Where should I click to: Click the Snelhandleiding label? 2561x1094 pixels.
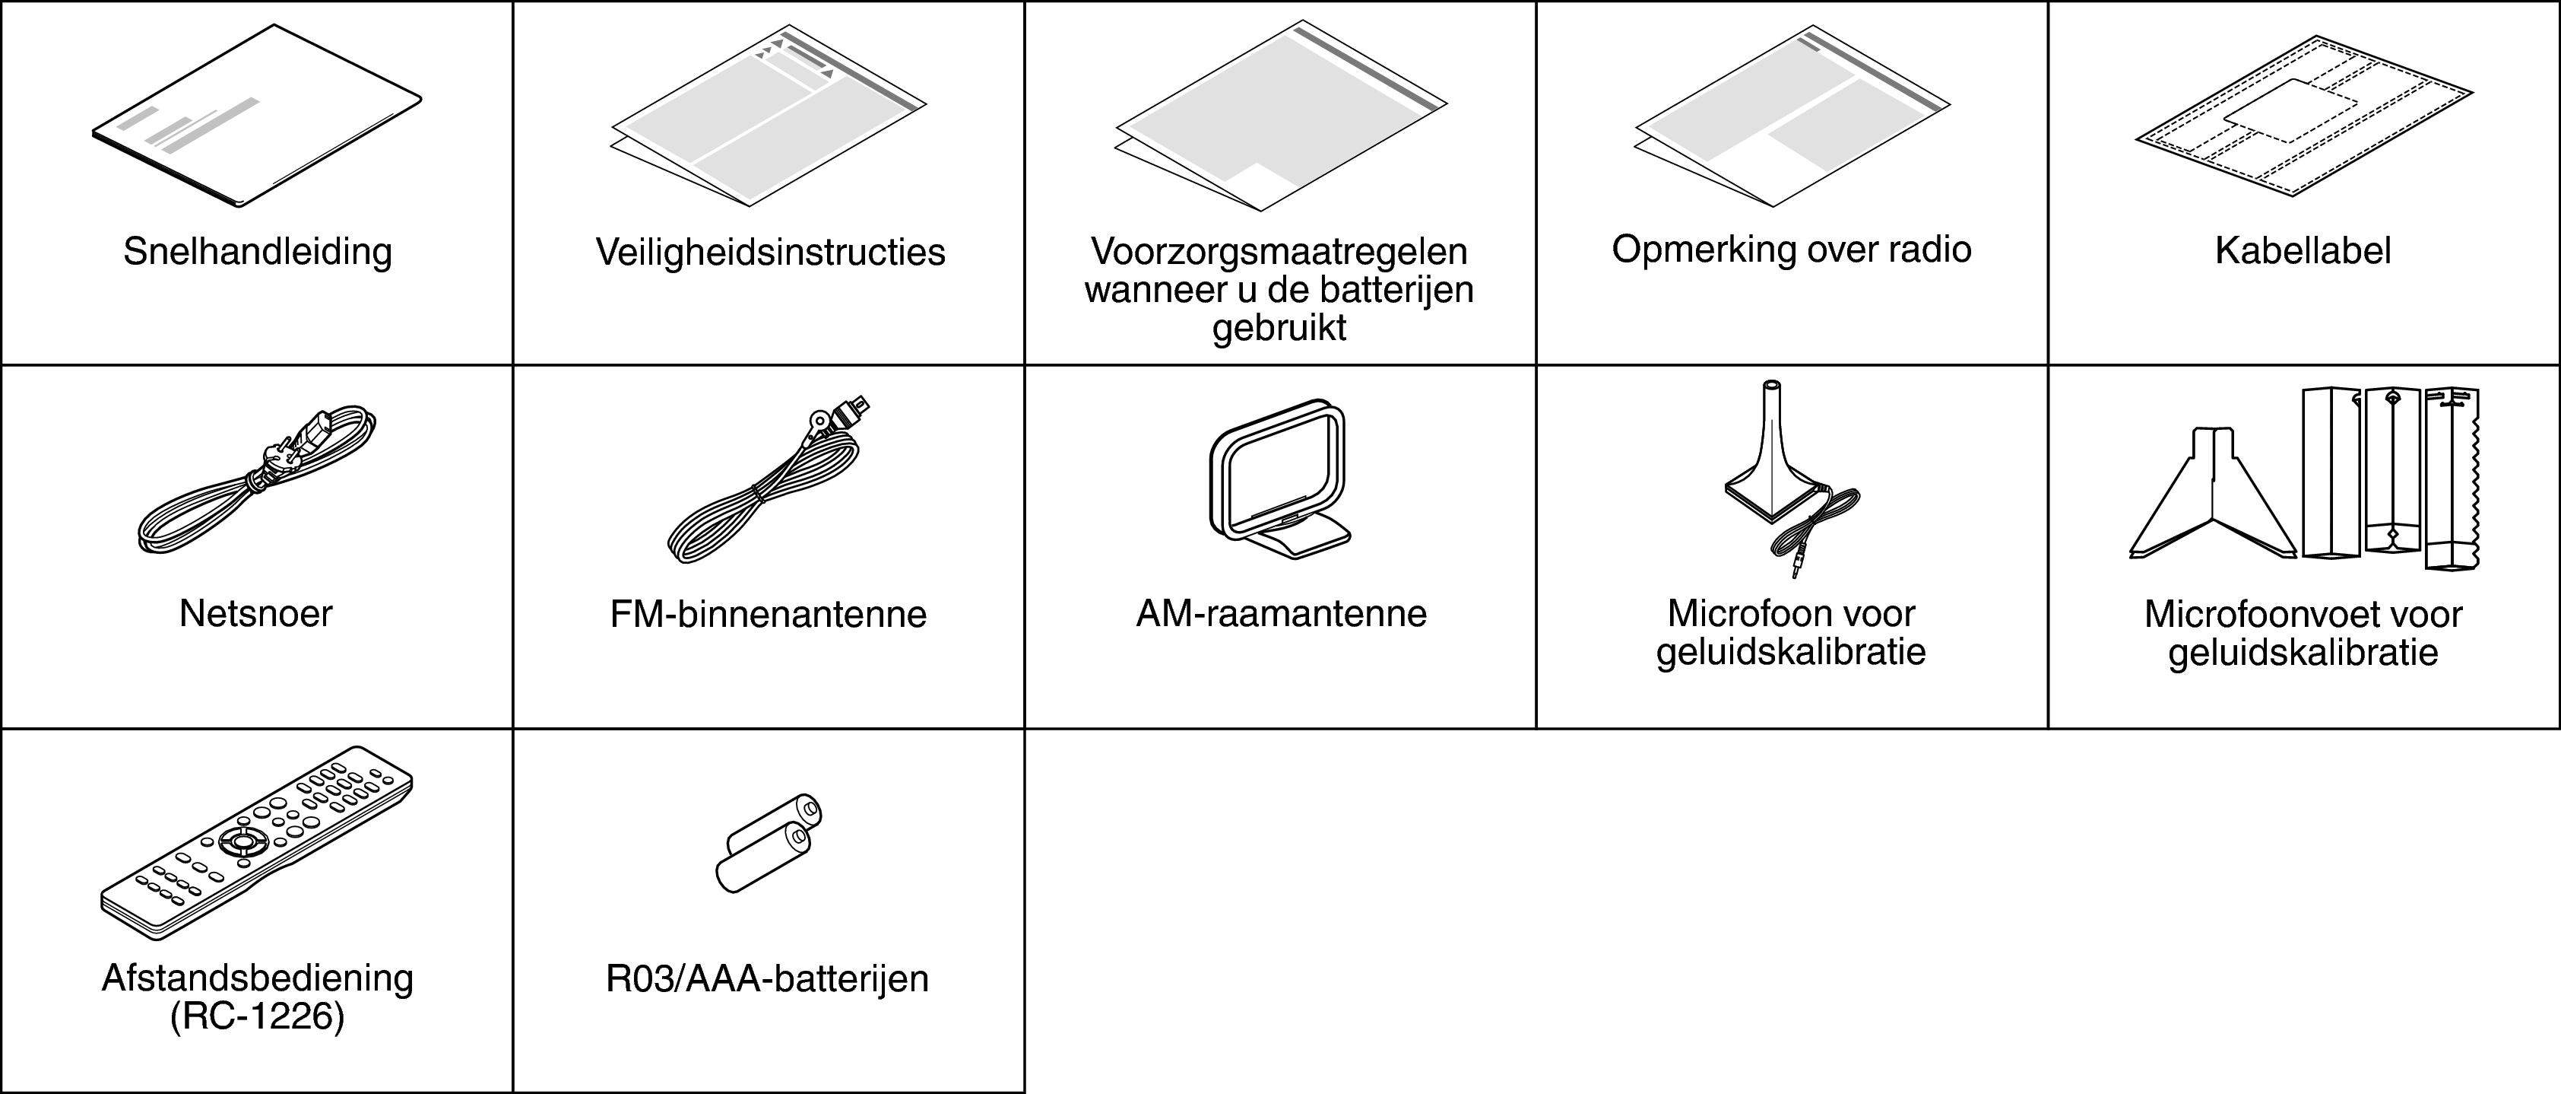click(x=258, y=252)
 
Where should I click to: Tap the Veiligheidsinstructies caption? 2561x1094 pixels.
click(x=769, y=253)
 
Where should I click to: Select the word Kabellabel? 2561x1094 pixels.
click(x=2303, y=250)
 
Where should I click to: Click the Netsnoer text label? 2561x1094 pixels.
click(x=255, y=614)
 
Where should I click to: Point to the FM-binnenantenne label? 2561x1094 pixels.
click(x=768, y=615)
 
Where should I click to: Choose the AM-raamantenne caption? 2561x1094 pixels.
click(x=1280, y=614)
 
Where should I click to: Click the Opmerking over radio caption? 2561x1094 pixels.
click(x=1790, y=250)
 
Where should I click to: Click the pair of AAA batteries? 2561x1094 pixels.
click(x=769, y=844)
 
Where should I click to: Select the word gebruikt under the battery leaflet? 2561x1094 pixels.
click(x=1279, y=327)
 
